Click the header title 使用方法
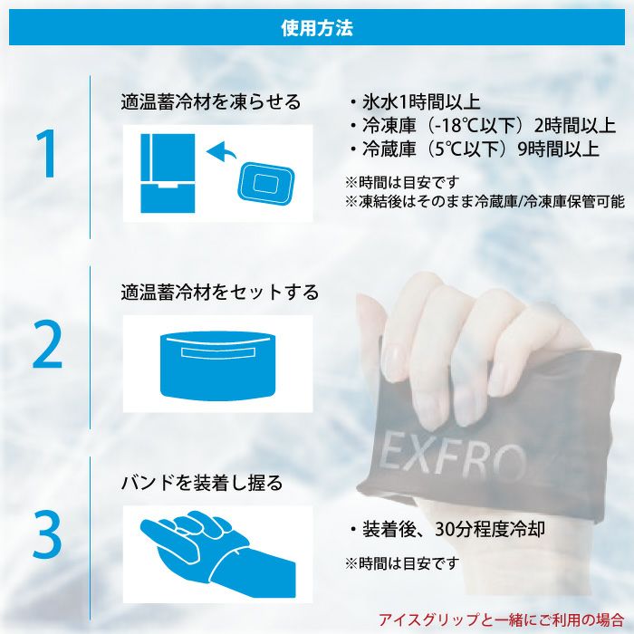[x=317, y=27]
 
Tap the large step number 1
[x=46, y=153]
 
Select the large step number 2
[x=47, y=343]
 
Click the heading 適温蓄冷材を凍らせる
[x=211, y=101]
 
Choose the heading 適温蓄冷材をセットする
[x=220, y=293]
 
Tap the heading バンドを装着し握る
[x=202, y=483]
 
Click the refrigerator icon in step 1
[x=168, y=173]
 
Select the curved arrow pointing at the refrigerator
[x=222, y=152]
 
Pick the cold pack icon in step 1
[x=265, y=182]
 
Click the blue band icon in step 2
[x=217, y=365]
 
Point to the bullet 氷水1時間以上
[x=415, y=101]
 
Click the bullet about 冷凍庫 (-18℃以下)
[x=483, y=125]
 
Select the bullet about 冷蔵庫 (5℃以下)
[x=475, y=149]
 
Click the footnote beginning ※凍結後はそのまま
[x=485, y=201]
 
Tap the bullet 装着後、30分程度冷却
[x=447, y=529]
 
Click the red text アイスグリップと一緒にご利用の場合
[x=502, y=619]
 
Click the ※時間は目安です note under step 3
[x=402, y=562]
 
